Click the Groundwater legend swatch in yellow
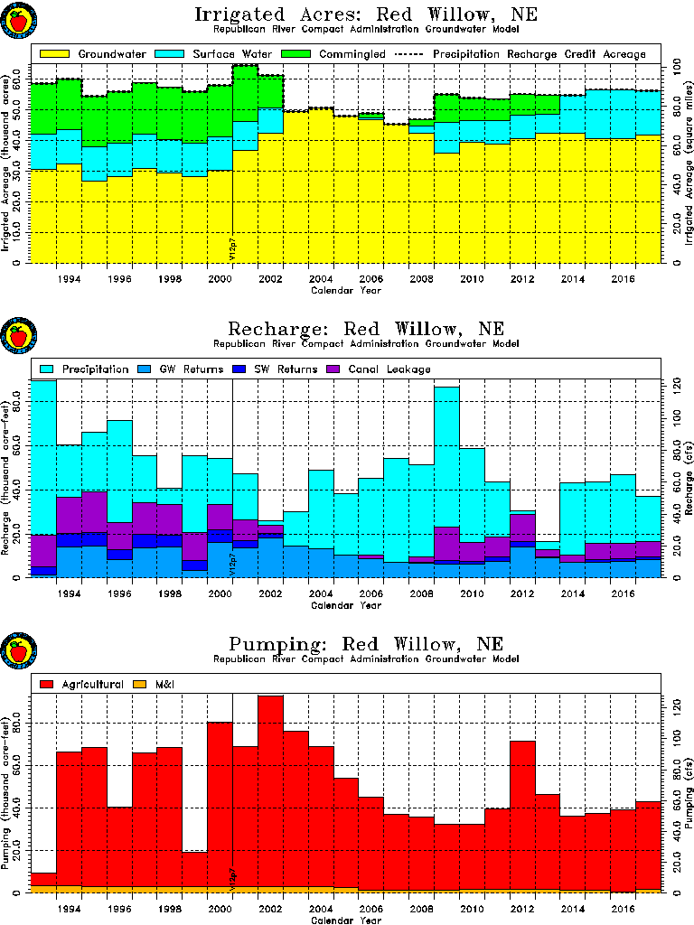point(53,53)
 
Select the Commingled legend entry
point(335,53)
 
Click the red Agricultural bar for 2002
point(271,795)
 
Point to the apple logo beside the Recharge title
point(18,337)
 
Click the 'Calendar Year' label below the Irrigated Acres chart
point(346,290)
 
